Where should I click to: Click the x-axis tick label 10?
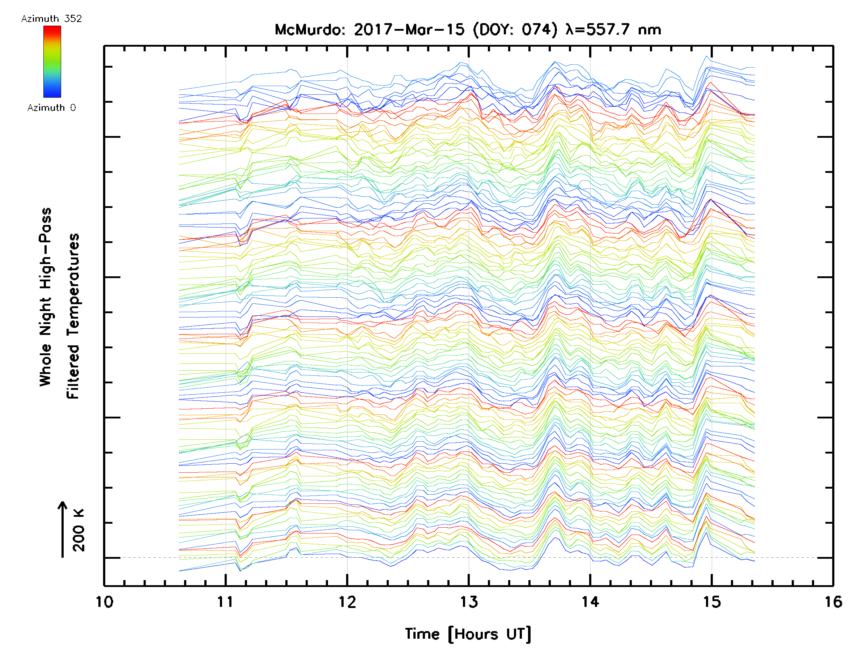(x=104, y=602)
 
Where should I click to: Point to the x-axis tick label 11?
(x=226, y=602)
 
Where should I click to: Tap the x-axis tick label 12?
(x=347, y=602)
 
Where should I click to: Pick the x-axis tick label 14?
(x=590, y=602)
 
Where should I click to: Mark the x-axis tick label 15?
(x=712, y=602)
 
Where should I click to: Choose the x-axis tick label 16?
(x=833, y=602)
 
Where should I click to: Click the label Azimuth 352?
(x=51, y=19)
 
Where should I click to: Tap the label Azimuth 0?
(x=51, y=108)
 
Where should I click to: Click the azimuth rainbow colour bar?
(x=52, y=61)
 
